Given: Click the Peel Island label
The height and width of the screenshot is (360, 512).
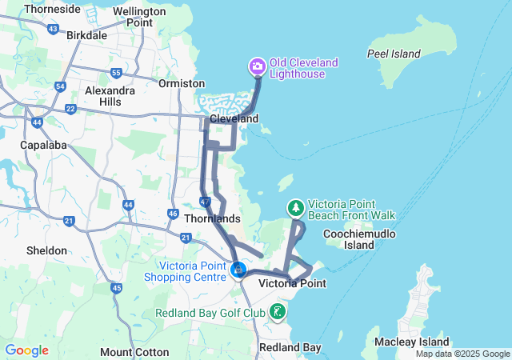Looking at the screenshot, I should point(394,54).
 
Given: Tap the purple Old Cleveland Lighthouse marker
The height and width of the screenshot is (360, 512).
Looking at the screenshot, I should point(258,65).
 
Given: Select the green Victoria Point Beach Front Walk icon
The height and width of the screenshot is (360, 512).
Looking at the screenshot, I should point(296,208).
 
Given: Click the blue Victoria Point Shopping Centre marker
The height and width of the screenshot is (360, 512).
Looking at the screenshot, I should point(238,271).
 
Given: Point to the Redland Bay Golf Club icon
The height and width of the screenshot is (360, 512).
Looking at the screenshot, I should point(278,311).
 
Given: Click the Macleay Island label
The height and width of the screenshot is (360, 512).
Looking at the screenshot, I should point(406,342).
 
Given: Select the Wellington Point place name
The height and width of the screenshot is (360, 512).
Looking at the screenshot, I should point(133,17).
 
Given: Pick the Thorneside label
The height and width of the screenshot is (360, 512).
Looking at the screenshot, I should point(52,9).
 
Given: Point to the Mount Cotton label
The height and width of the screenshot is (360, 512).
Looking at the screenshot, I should point(134,352).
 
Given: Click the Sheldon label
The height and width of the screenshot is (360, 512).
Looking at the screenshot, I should point(46,250).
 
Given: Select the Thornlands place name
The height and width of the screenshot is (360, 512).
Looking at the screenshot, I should point(212,218).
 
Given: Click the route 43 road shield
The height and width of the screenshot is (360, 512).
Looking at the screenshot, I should point(53,29).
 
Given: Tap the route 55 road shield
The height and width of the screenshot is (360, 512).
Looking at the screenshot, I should point(116,74).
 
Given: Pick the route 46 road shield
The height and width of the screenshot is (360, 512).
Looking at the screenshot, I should point(173,214).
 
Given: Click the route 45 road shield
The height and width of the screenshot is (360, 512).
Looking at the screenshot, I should point(117,288).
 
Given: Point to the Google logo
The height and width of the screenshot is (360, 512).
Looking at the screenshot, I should point(26,350).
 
